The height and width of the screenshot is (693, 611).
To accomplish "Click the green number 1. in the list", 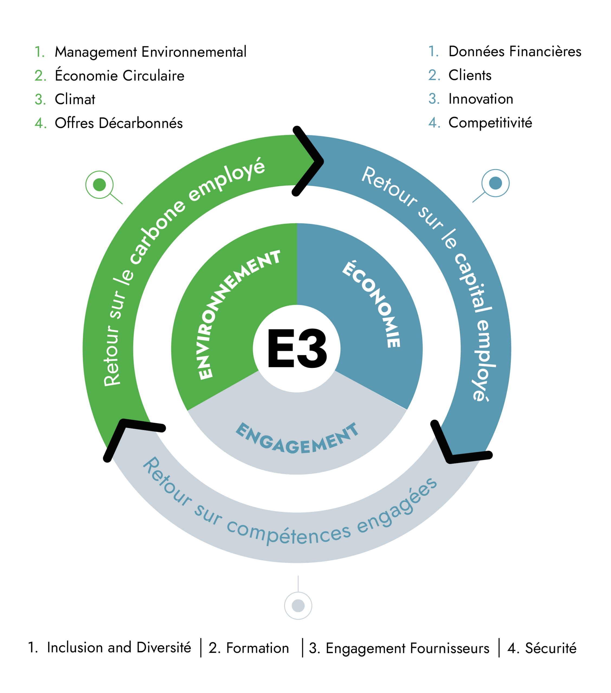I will pyautogui.click(x=40, y=52).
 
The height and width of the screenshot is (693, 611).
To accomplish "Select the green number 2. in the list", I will pyautogui.click(x=40, y=76).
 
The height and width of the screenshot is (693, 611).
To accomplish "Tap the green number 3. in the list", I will pyautogui.click(x=40, y=100).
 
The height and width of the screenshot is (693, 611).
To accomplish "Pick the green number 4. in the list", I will pyautogui.click(x=40, y=123).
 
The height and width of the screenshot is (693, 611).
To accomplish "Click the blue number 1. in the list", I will pyautogui.click(x=434, y=51).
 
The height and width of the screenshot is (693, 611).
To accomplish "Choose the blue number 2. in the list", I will pyautogui.click(x=434, y=75).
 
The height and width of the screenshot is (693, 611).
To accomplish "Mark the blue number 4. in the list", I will pyautogui.click(x=434, y=122).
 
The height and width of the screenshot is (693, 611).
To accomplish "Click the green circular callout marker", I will pyautogui.click(x=99, y=185).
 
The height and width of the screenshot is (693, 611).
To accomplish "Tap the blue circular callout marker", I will pyautogui.click(x=496, y=183).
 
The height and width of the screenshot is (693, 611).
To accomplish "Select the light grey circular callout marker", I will pyautogui.click(x=298, y=606).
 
